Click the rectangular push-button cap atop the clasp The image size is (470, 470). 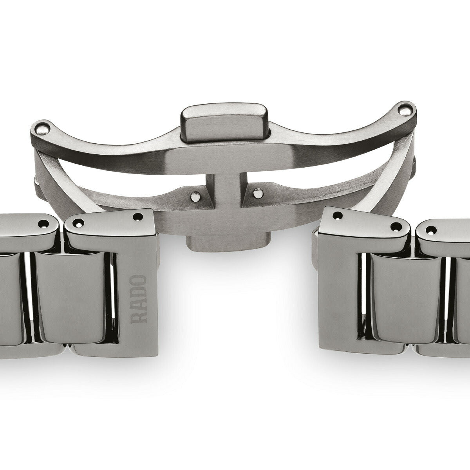pos(224,122)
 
